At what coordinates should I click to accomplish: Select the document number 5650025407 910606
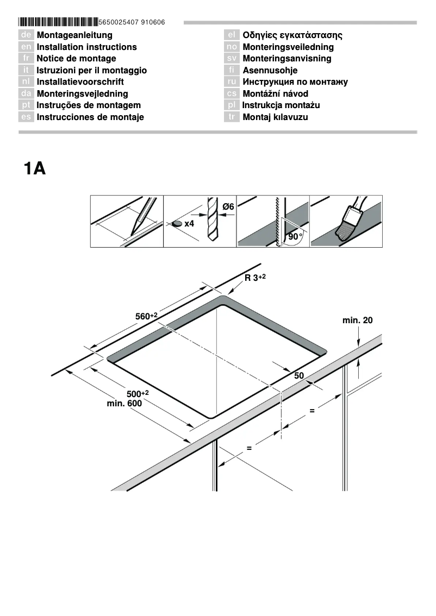[x=132, y=22]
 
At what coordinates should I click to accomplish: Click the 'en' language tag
[x=27, y=47]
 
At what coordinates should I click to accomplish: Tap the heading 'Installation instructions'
[x=86, y=47]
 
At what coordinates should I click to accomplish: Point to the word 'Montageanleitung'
[x=74, y=35]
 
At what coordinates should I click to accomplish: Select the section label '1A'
[x=34, y=168]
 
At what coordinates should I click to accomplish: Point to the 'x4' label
[x=189, y=224]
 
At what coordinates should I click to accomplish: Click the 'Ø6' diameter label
[x=228, y=206]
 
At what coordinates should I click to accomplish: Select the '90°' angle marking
[x=295, y=237]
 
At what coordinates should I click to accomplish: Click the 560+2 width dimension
[x=146, y=316]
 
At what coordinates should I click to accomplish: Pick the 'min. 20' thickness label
[x=357, y=320]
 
